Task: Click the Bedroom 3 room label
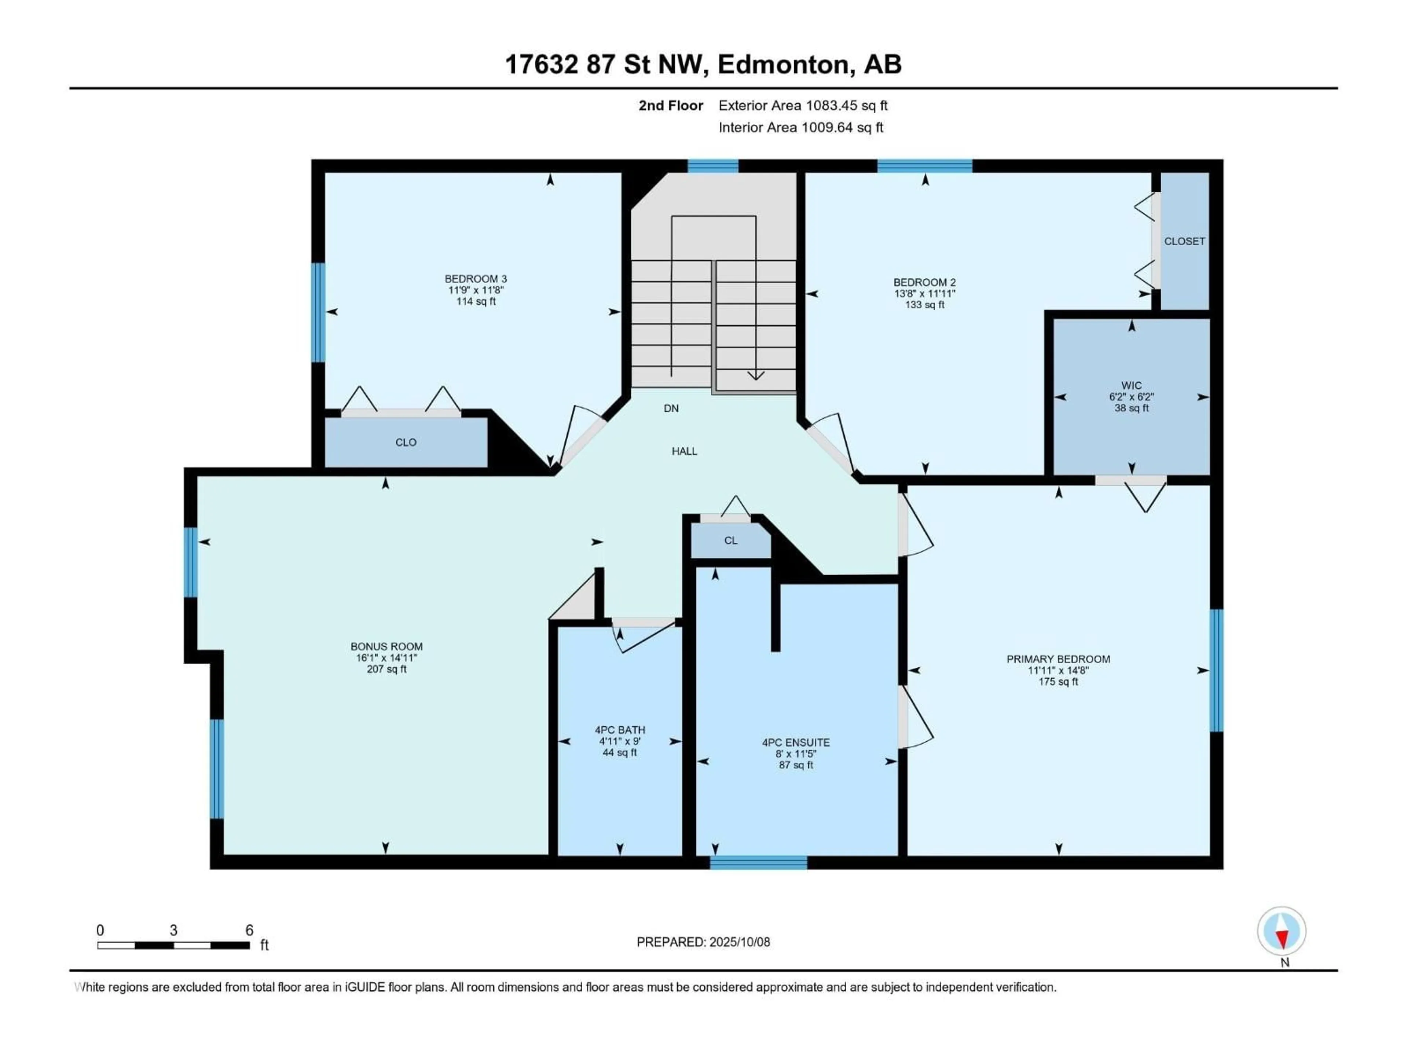pyautogui.click(x=476, y=279)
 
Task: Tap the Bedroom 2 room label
pyautogui.click(x=924, y=282)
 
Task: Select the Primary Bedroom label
pyautogui.click(x=1058, y=659)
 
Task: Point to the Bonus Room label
pyautogui.click(x=386, y=646)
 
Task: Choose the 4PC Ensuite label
pyautogui.click(x=796, y=742)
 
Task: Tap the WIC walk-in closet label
pyautogui.click(x=1131, y=385)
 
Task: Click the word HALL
pyautogui.click(x=684, y=451)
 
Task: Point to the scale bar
pyautogui.click(x=173, y=945)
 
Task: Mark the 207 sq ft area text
pyautogui.click(x=386, y=669)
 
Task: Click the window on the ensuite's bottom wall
pyautogui.click(x=758, y=862)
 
